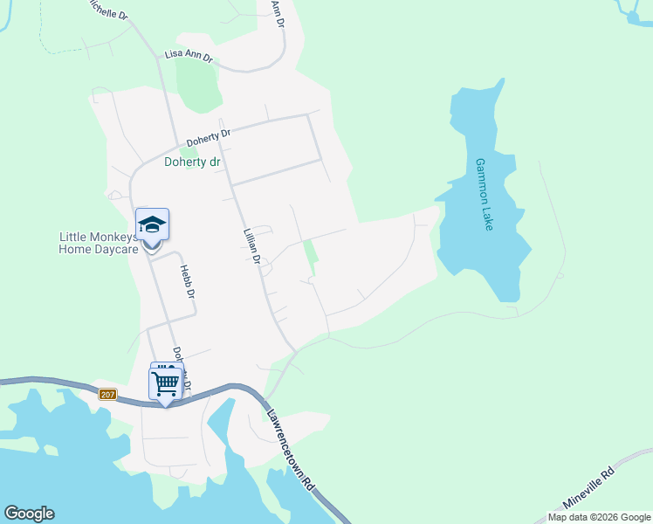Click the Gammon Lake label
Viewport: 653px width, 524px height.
485,194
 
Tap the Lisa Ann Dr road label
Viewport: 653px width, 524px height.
189,59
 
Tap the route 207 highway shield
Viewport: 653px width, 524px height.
107,395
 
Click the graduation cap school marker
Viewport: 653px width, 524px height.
152,224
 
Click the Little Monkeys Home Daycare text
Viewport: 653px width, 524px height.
98,243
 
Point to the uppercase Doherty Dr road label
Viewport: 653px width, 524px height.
208,139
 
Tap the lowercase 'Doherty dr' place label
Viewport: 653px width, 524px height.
192,162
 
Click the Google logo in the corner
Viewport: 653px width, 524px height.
29,514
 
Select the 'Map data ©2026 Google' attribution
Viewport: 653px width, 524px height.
599,517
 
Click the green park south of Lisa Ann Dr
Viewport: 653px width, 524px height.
198,86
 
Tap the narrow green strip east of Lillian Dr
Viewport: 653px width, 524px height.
309,256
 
